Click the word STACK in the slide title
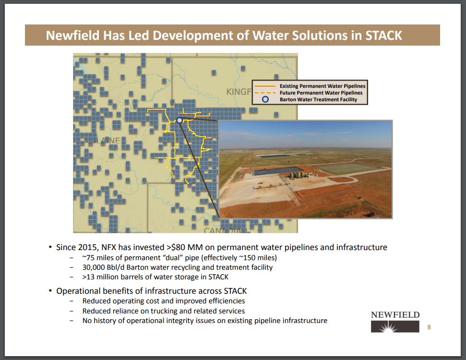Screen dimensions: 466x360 [x=383, y=36]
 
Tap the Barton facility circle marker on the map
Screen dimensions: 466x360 [x=179, y=120]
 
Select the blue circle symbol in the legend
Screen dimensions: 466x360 [x=265, y=99]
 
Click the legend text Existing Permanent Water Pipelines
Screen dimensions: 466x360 [x=323, y=86]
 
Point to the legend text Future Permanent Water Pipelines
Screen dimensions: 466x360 [x=321, y=93]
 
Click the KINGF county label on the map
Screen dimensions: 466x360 [x=239, y=92]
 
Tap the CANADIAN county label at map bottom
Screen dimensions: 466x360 [x=226, y=231]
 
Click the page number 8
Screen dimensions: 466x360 [x=429, y=327]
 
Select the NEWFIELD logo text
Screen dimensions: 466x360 [x=395, y=315]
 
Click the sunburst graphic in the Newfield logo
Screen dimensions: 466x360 [x=388, y=328]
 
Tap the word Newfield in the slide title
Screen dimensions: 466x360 [x=72, y=36]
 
